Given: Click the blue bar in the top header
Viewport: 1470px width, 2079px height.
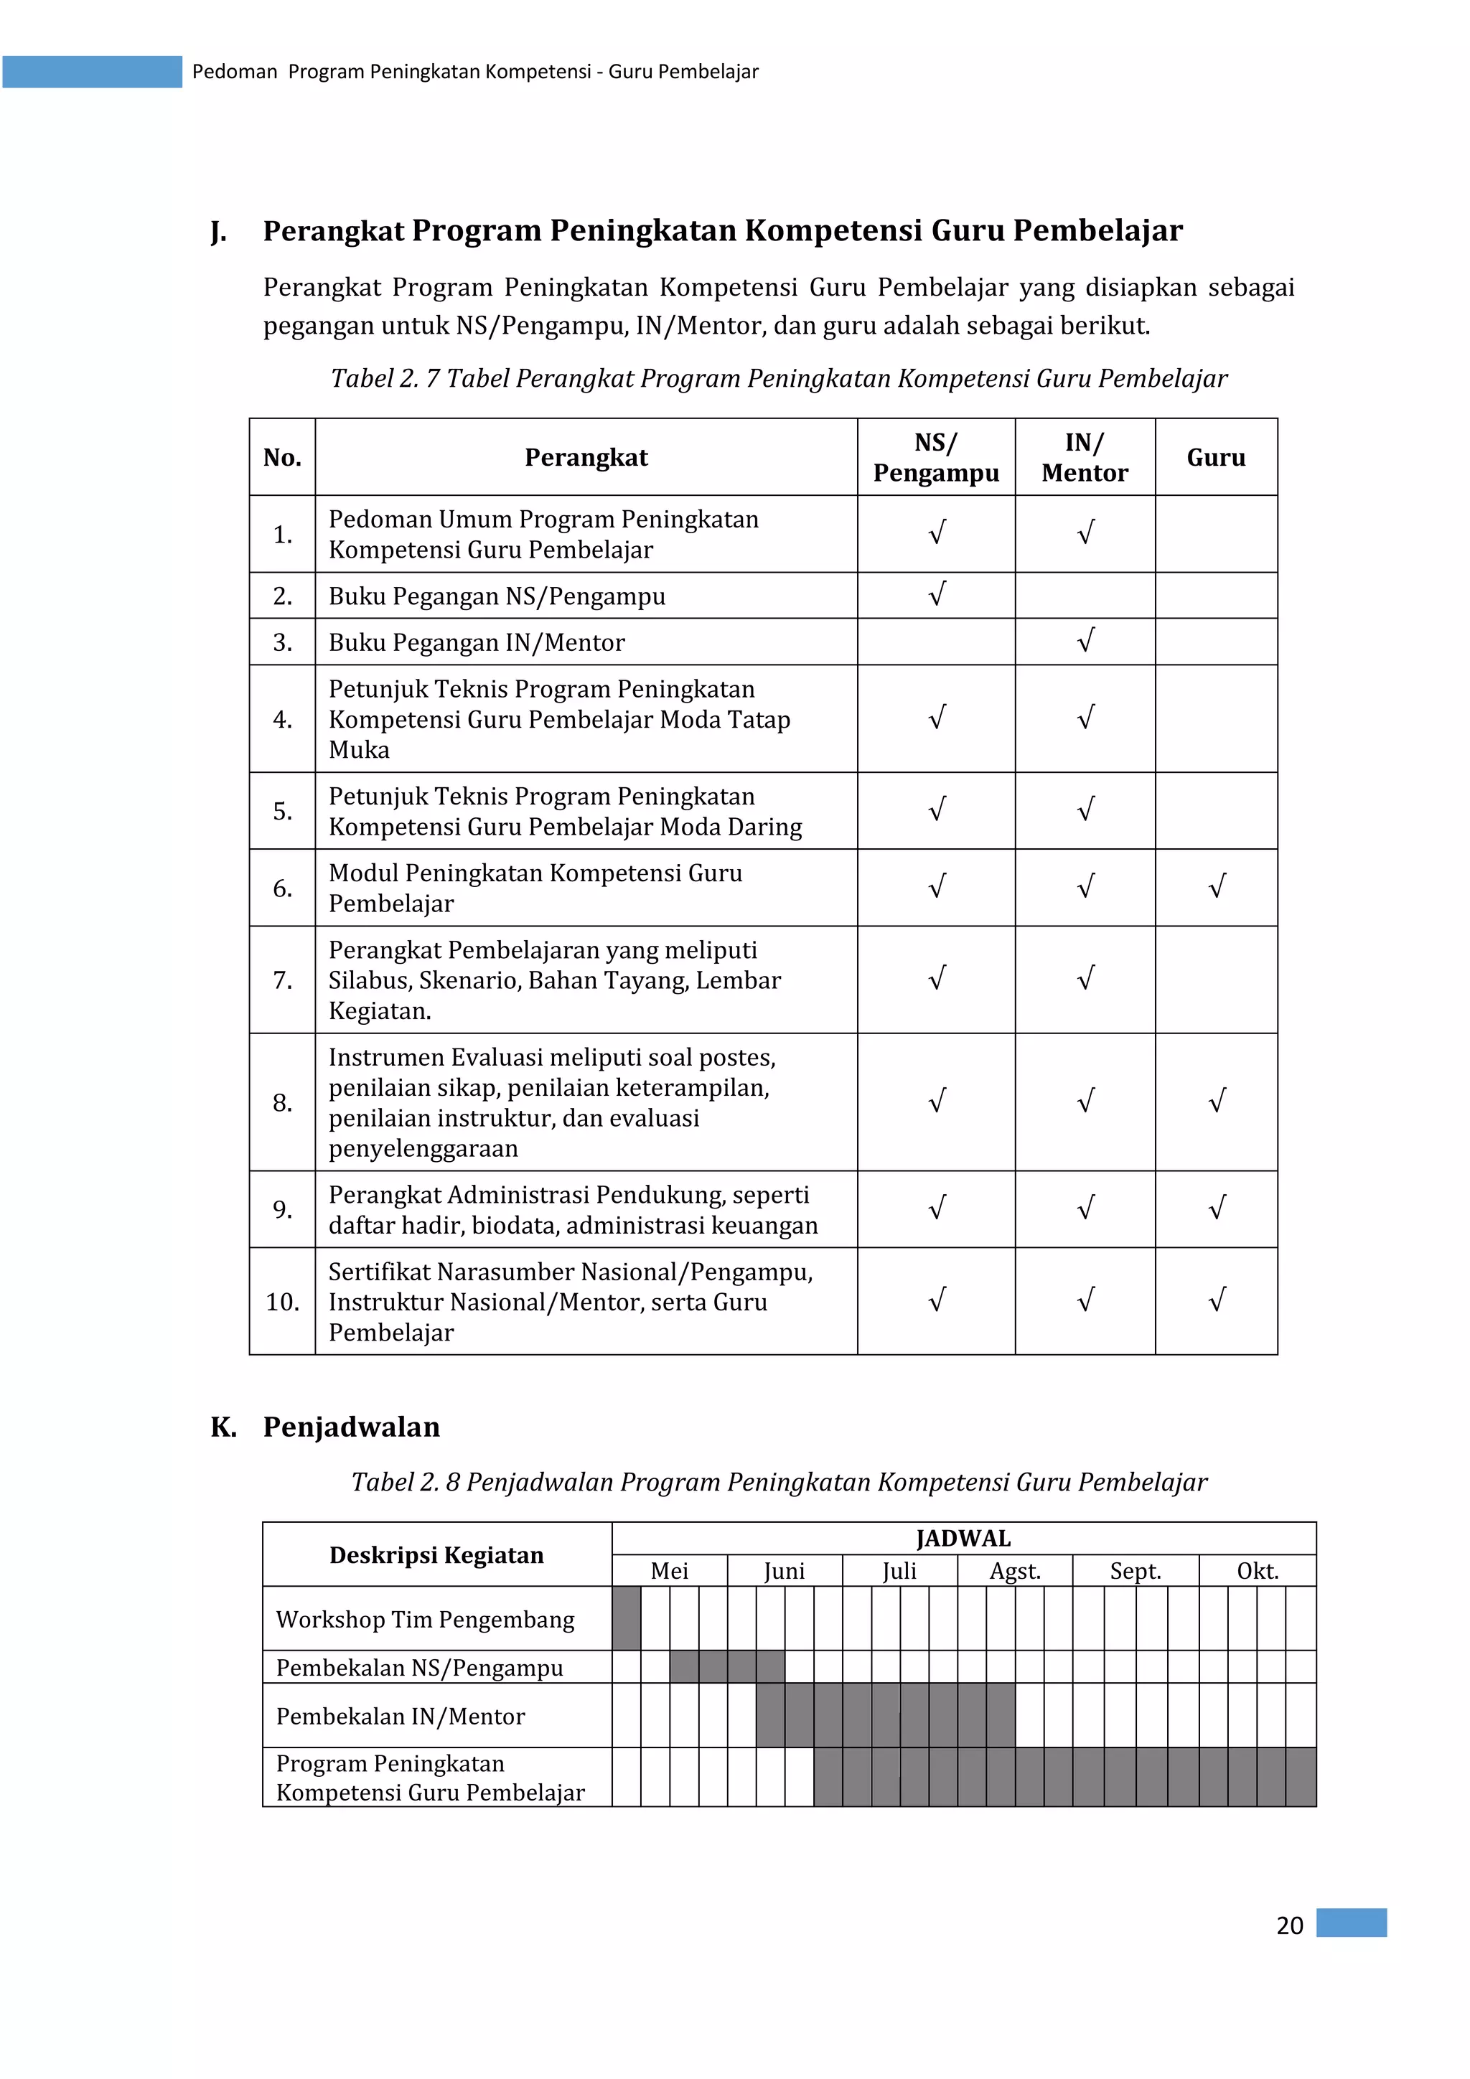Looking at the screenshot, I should coord(93,72).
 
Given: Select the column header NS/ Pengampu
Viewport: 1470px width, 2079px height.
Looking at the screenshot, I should coord(936,457).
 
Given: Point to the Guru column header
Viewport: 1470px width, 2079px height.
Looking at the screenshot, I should coord(1215,457).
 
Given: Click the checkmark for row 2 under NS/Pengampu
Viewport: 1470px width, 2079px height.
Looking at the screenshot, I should coord(937,595).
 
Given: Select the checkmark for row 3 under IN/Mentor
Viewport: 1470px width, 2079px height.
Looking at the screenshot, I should coord(1085,641).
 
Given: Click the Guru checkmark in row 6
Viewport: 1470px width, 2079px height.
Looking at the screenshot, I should coord(1217,886).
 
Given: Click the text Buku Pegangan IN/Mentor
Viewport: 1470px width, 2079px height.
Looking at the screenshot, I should coord(477,642).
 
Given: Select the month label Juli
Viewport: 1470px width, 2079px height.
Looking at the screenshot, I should coord(899,1571).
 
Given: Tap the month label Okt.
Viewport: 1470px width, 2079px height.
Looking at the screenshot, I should coord(1257,1571).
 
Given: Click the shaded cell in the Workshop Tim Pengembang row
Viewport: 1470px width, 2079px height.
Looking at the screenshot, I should coord(626,1618).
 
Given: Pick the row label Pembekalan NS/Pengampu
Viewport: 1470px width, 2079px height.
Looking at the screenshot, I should coord(419,1667).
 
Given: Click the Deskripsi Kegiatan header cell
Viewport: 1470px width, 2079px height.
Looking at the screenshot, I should coord(436,1554).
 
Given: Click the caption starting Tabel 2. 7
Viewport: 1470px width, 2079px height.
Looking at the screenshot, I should coord(779,378).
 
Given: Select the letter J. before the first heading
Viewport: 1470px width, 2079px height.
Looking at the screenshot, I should coord(217,232).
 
